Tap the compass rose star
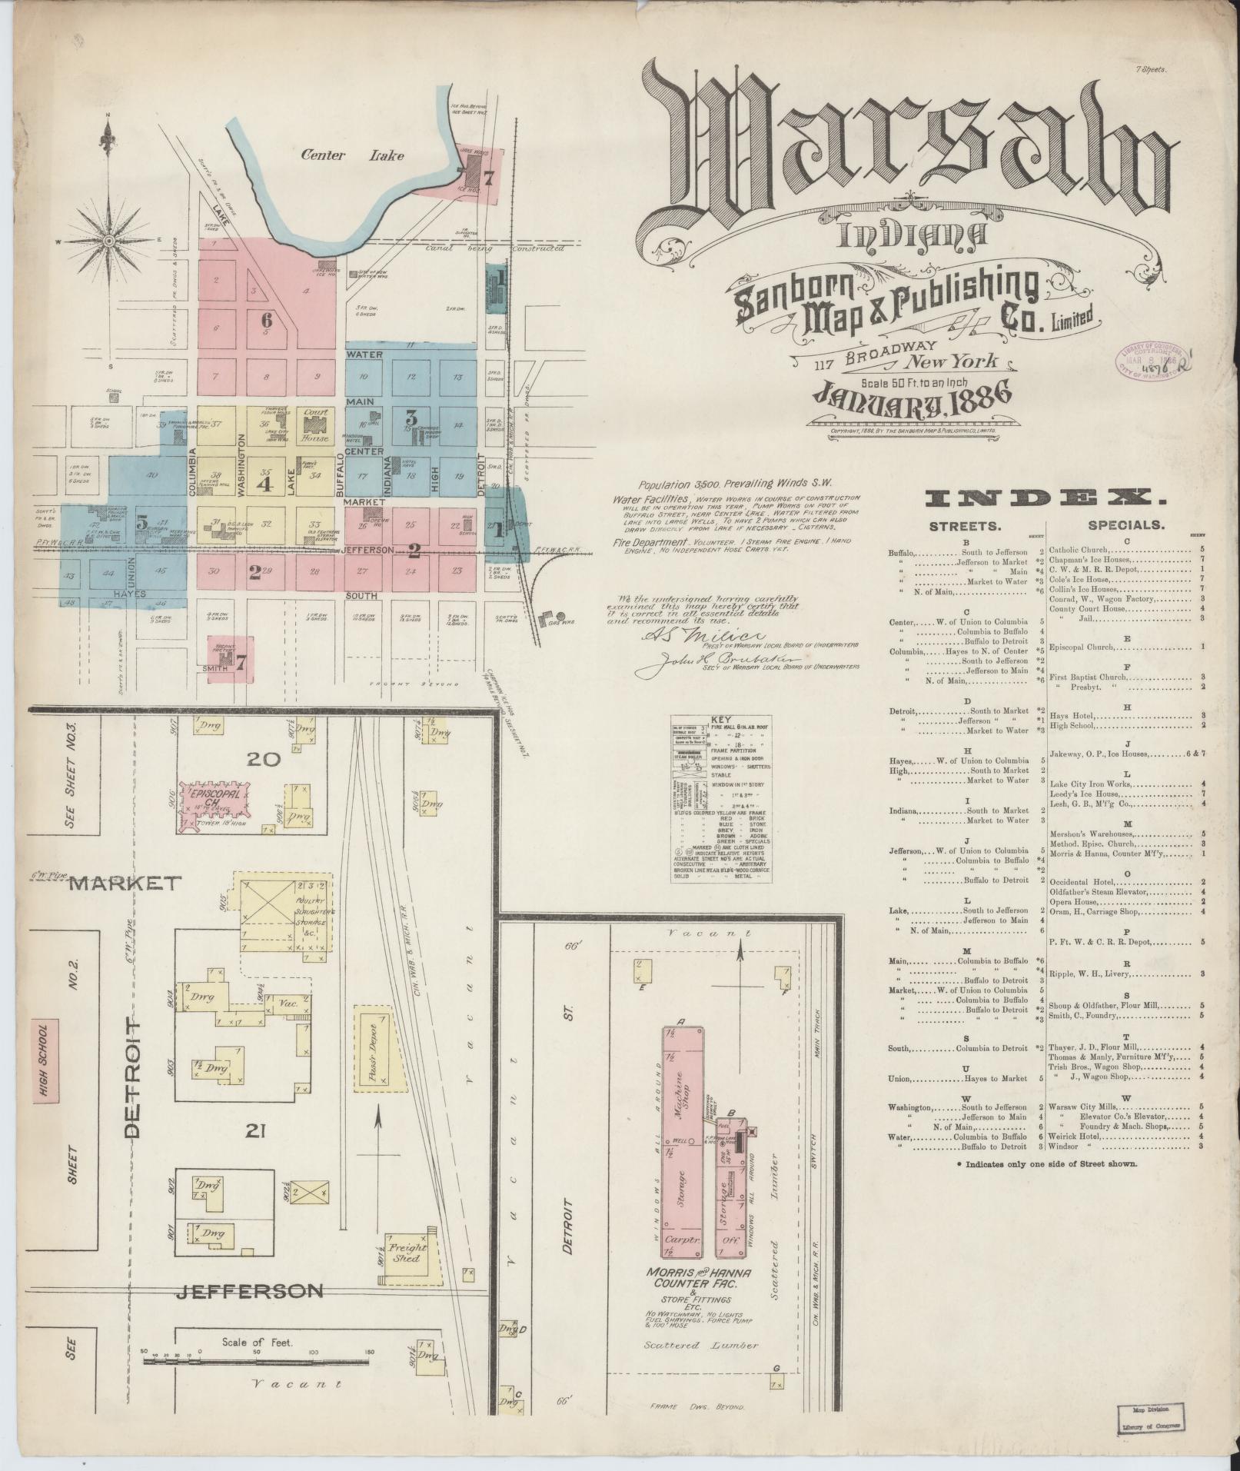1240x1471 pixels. point(109,240)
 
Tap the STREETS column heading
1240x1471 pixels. point(965,527)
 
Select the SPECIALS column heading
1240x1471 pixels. point(1125,526)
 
